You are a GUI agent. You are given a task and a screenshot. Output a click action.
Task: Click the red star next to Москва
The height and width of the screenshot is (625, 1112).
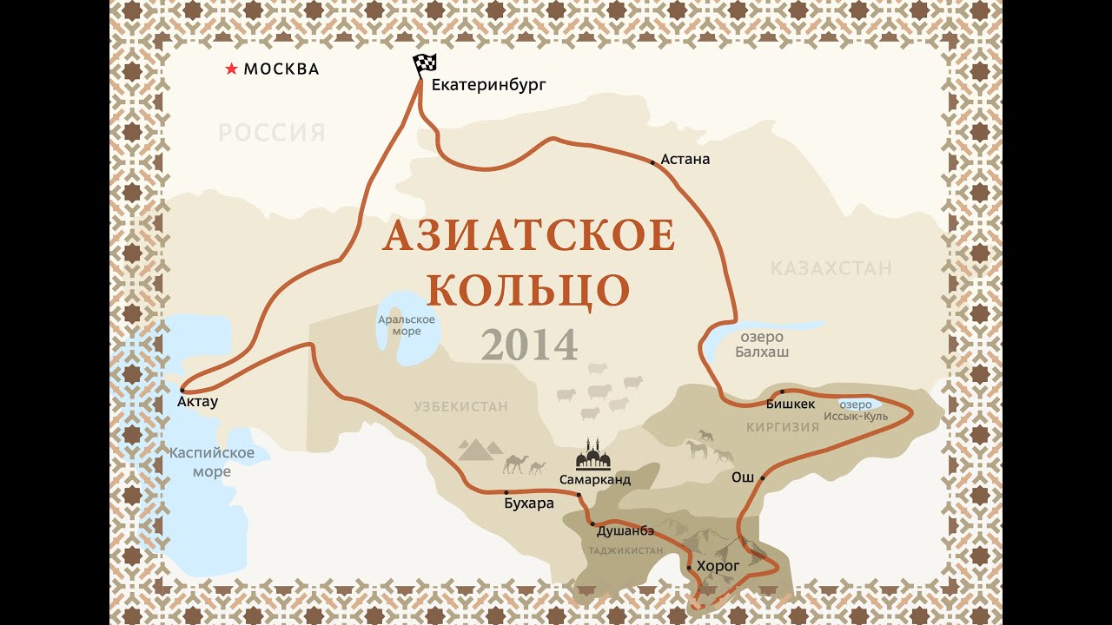pos(231,69)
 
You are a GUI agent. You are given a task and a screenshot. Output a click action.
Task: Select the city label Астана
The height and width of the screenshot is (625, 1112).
pos(685,159)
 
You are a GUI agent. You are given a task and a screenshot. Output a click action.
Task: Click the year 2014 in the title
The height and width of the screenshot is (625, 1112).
pos(529,345)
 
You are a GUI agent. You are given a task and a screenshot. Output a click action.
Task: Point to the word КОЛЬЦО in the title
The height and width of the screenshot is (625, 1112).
pos(528,290)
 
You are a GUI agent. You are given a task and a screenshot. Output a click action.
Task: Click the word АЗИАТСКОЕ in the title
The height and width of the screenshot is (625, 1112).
pos(528,236)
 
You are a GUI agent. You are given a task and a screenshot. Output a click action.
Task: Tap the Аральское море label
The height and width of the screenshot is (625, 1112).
pos(406,325)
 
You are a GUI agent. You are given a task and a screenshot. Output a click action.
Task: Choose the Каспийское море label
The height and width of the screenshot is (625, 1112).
pos(212,462)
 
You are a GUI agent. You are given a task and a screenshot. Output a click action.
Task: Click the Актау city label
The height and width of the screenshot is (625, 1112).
pos(197,402)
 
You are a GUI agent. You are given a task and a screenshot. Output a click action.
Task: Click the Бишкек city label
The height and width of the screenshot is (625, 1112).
pos(791,404)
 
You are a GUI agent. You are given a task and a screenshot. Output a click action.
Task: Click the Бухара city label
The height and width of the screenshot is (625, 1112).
pos(528,503)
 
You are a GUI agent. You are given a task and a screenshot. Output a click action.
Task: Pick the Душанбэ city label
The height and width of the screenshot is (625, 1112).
pos(625,530)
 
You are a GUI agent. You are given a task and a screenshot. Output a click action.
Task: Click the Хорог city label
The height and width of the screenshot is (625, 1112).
pos(718,566)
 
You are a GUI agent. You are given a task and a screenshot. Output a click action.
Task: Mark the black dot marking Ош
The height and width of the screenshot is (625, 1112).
pos(763,477)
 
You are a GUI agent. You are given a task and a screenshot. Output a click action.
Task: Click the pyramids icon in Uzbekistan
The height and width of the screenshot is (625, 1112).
pos(480,449)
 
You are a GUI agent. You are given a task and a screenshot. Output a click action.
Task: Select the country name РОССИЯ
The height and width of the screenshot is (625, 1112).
pos(271,133)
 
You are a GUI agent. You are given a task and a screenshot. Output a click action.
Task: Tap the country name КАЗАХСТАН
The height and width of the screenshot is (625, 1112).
pos(831,268)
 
